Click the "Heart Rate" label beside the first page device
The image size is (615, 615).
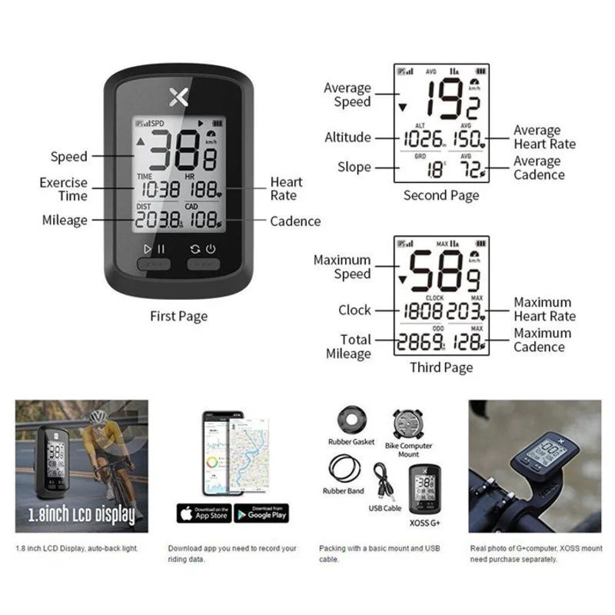click(x=286, y=188)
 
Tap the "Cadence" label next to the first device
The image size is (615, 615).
click(x=295, y=221)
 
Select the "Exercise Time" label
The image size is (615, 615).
click(x=64, y=189)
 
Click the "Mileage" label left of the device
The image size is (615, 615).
click(x=65, y=221)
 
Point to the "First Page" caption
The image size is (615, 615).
click(x=178, y=316)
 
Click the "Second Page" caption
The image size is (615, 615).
click(x=441, y=195)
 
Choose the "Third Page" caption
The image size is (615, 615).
click(x=441, y=367)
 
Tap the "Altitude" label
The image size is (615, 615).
click(x=347, y=138)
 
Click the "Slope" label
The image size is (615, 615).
click(x=354, y=167)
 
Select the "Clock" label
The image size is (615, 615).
click(x=354, y=310)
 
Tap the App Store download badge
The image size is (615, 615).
click(x=203, y=514)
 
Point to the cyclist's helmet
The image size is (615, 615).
click(x=97, y=417)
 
